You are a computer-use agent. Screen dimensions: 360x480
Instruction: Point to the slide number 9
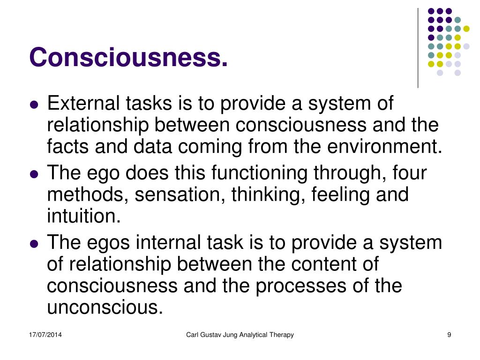449,335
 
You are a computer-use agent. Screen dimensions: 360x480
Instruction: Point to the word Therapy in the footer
282,335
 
